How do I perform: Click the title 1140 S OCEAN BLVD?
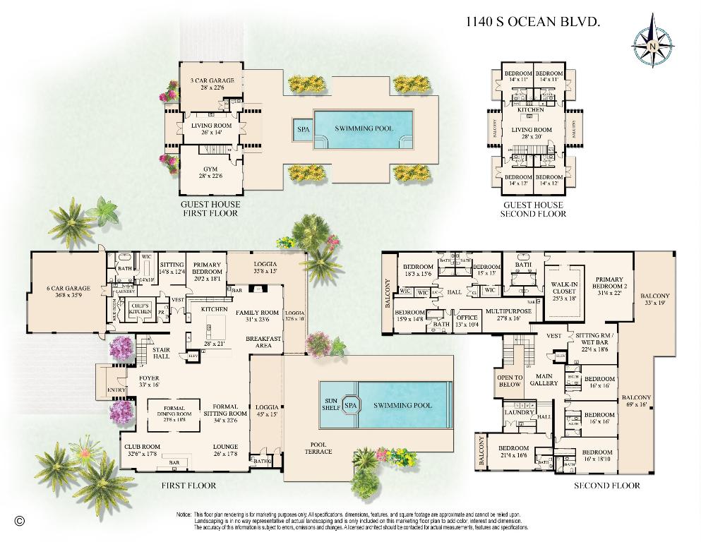pos(533,21)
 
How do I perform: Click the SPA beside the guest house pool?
pos(303,129)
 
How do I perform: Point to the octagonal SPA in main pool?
pos(350,405)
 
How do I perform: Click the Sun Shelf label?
pos(330,405)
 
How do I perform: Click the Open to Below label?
pos(510,381)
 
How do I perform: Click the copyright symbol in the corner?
pos(19,521)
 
